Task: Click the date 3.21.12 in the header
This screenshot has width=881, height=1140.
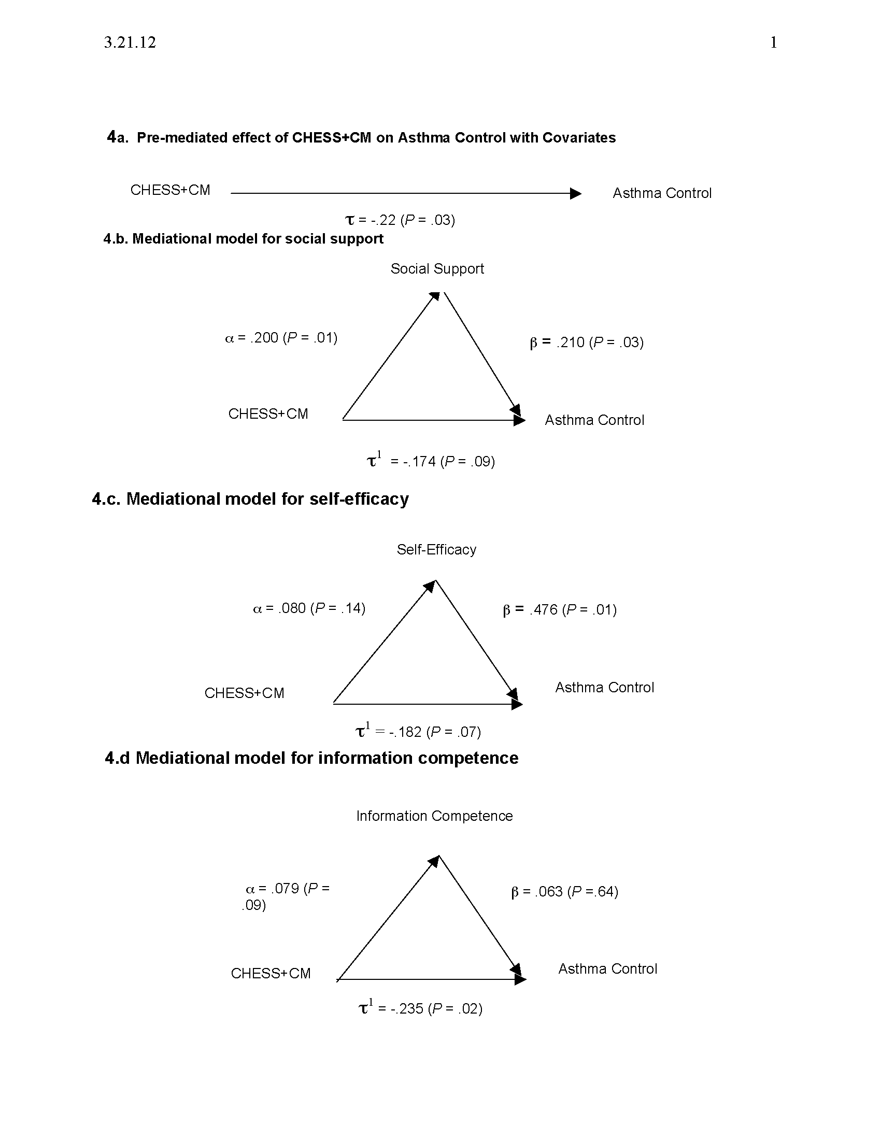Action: tap(130, 42)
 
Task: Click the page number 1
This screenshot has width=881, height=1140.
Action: tap(774, 42)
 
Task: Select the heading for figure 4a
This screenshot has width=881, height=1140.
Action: tap(361, 137)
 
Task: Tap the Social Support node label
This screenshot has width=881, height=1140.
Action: tap(437, 269)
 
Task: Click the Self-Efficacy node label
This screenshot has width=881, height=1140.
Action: tap(436, 550)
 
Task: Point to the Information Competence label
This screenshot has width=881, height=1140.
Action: tap(434, 816)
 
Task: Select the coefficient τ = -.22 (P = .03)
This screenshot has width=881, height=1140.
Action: tap(400, 220)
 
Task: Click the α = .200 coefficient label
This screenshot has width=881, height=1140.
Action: tap(281, 338)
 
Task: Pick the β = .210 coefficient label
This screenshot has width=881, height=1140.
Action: tap(587, 343)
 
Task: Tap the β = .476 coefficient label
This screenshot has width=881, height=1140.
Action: tap(560, 610)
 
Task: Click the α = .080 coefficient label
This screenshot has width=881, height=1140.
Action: tap(309, 608)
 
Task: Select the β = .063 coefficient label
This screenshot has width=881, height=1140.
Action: tap(565, 892)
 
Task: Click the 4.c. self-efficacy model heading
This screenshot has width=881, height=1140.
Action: tap(250, 499)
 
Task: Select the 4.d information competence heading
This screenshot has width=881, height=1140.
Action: tap(311, 758)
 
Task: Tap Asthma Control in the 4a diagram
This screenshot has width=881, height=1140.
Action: tap(662, 193)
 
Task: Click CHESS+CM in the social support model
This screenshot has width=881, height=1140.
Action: tap(268, 414)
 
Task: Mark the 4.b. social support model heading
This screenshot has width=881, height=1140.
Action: tap(243, 238)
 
